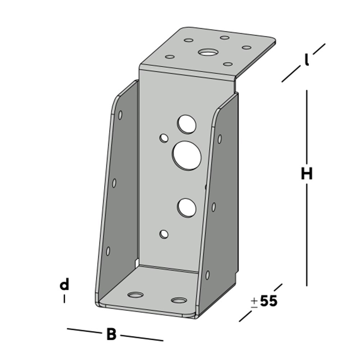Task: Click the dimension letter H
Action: (306, 174)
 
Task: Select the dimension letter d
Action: (64, 285)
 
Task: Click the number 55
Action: (269, 301)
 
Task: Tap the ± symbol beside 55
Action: (254, 302)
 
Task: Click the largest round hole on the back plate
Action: (187, 155)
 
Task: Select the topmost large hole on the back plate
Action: (186, 124)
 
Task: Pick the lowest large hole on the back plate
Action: (186, 207)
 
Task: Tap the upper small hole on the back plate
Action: (164, 138)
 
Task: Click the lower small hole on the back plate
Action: (164, 234)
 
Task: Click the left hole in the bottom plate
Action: (135, 295)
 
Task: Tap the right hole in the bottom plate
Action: (179, 300)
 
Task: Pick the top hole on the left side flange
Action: (120, 114)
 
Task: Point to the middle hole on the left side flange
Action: (114, 183)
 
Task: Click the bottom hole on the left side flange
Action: (108, 251)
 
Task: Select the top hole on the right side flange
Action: (219, 139)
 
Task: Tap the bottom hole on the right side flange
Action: (207, 275)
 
